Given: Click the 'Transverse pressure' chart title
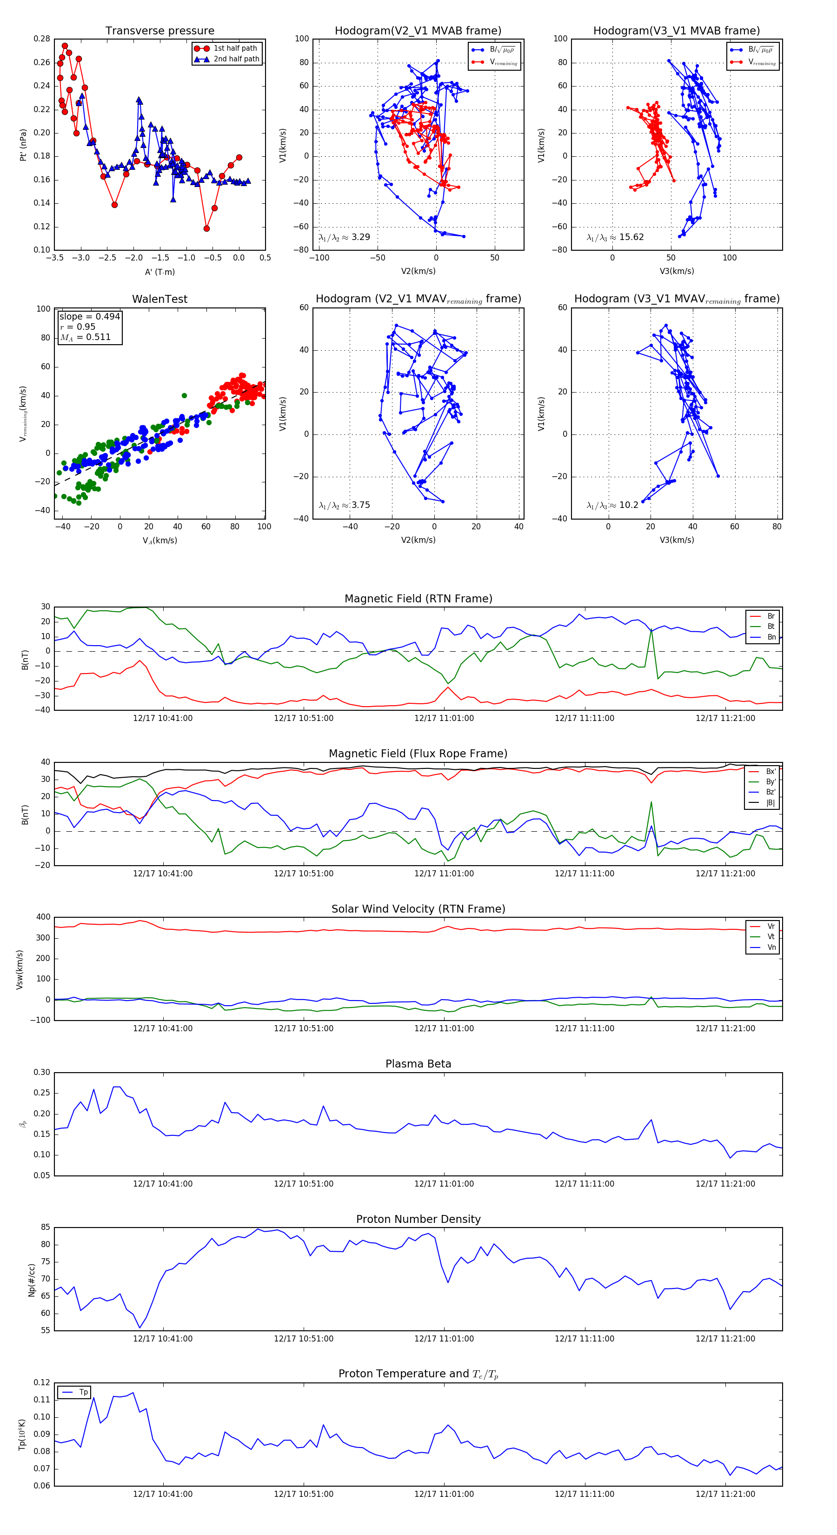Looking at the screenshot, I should (x=159, y=31).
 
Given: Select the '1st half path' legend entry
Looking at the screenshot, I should (x=235, y=48).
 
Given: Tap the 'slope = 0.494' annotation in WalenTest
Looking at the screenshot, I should (x=89, y=316).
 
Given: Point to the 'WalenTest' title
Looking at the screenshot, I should (x=159, y=299).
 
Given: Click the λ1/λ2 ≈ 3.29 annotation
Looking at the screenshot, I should (x=344, y=237).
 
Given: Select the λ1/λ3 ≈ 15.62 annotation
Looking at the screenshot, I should (x=615, y=237).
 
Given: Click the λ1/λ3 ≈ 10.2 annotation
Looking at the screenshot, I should (x=612, y=505).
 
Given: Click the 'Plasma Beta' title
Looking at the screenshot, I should (x=418, y=1064).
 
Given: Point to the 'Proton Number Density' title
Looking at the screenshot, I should (x=418, y=1219).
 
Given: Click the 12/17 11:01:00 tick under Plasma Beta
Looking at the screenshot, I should (x=444, y=1184).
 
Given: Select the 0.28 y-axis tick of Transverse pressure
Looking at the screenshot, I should (x=42, y=39).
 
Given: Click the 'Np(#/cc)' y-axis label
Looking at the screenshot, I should (x=32, y=1280).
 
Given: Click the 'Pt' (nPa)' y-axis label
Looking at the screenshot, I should (x=23, y=145).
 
